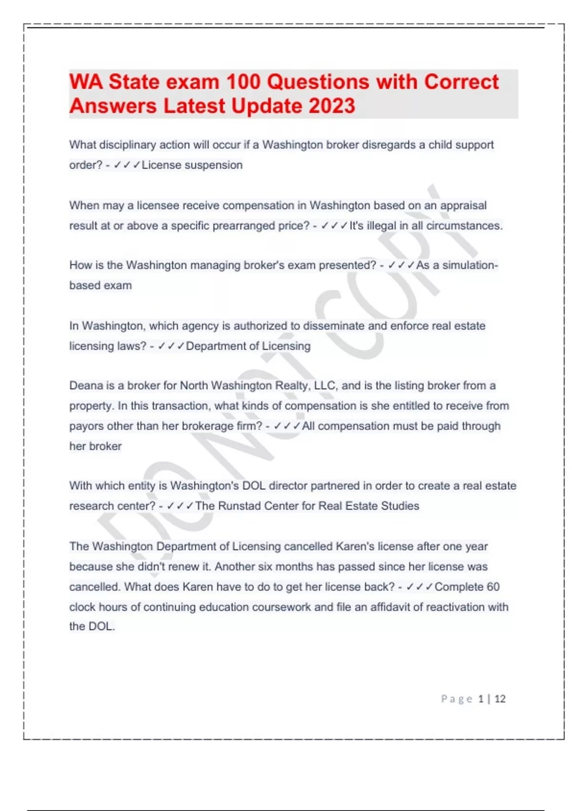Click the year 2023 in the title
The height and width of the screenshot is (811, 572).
click(x=331, y=106)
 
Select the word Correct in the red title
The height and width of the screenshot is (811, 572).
click(x=461, y=82)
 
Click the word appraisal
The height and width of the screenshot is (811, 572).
click(x=463, y=206)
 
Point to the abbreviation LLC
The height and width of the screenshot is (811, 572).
click(x=326, y=385)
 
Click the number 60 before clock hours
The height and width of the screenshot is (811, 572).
click(x=493, y=587)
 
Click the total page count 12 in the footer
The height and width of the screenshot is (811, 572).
click(x=500, y=699)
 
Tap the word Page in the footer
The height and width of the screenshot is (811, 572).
click(x=456, y=699)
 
